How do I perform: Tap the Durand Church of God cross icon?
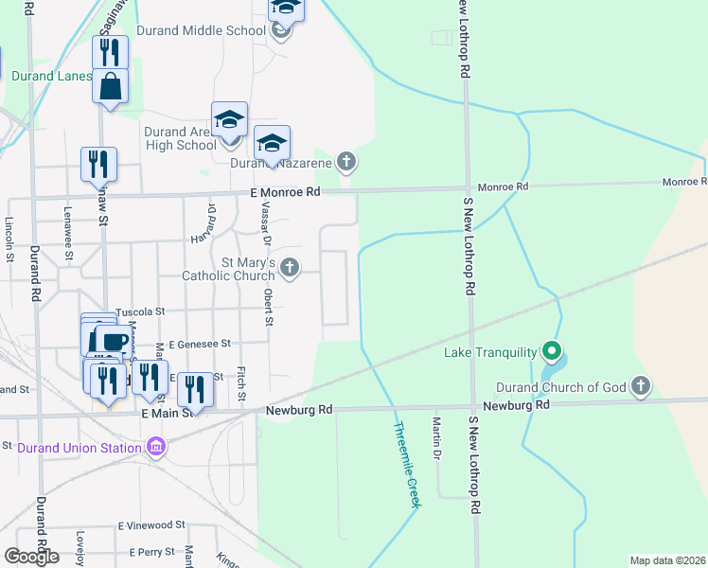642,386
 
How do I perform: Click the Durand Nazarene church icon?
346,162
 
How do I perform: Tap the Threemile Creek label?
407,465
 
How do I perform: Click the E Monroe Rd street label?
286,191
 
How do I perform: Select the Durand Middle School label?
202,30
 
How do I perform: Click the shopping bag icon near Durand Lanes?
110,86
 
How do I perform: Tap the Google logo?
31,557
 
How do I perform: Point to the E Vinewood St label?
151,524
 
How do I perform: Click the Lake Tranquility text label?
490,354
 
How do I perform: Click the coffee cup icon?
111,342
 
